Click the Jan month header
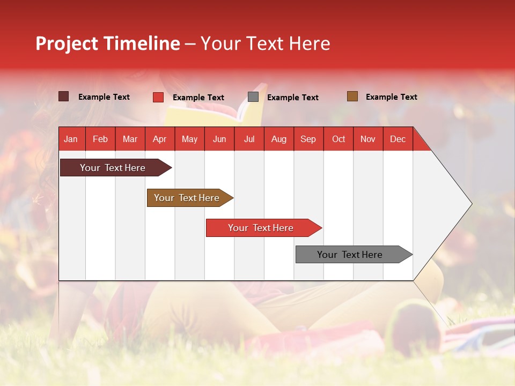[71, 139]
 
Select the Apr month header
[159, 139]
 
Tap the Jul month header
[249, 139]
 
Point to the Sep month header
[308, 139]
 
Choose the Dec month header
[398, 139]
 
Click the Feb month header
[100, 139]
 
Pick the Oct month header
[339, 139]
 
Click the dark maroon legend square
[63, 96]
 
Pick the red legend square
[158, 97]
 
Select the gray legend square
[253, 97]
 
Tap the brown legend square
[352, 96]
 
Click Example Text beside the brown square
[391, 97]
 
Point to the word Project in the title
[67, 43]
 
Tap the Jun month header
[219, 139]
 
